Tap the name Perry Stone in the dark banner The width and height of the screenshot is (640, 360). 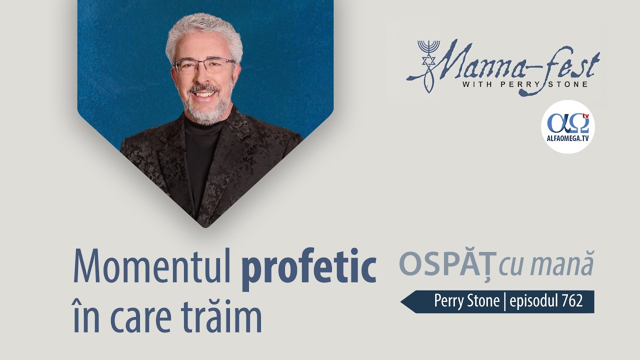tap(466, 301)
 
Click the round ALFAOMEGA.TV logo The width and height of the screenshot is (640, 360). tap(567, 126)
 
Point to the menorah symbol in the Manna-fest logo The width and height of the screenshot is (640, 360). tap(428, 51)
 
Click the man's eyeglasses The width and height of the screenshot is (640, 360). tap(203, 65)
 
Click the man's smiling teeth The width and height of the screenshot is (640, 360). tap(205, 93)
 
